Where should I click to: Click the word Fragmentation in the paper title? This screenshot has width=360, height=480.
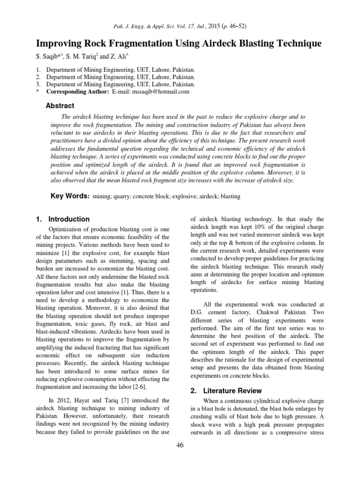[126, 44]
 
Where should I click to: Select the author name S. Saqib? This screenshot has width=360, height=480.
[48, 56]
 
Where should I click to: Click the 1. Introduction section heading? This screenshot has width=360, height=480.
[63, 219]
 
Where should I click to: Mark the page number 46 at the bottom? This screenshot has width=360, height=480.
[180, 445]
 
